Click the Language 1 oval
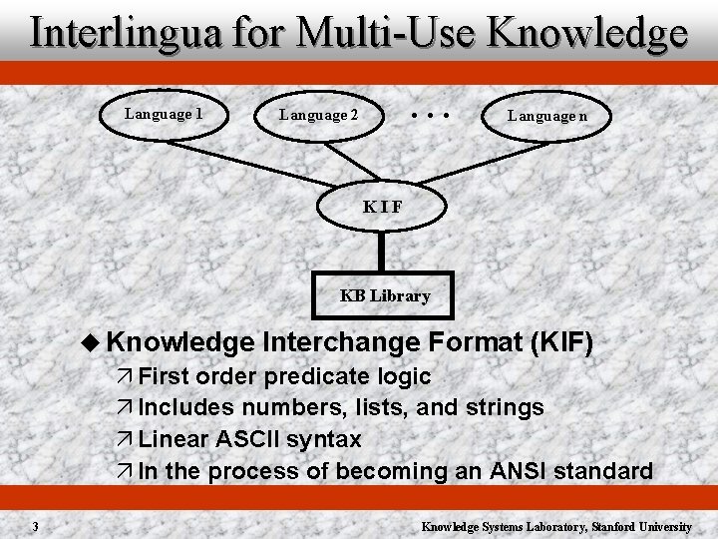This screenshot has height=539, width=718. click(164, 114)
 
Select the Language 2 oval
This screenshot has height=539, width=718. click(318, 115)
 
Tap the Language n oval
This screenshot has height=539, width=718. click(547, 116)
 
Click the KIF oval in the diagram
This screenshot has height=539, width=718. click(382, 207)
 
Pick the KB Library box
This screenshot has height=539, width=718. click(384, 295)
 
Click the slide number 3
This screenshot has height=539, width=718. click(34, 526)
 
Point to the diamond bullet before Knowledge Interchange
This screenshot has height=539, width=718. click(94, 342)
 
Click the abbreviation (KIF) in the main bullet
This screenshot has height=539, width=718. click(563, 342)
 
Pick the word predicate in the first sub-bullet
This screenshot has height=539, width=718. click(318, 376)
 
